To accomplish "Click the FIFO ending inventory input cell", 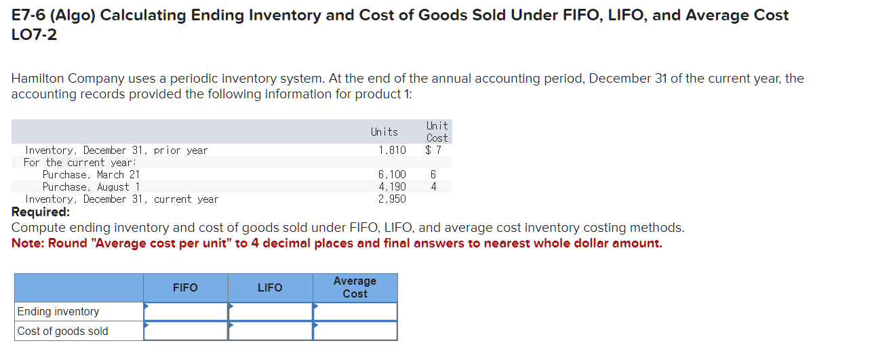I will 186,311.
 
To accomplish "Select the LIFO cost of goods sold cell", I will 271,331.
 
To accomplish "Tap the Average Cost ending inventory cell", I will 355,311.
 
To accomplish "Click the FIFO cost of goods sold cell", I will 186,331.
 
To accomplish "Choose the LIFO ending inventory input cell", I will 271,311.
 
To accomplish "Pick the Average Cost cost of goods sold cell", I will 355,331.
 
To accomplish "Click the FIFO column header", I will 185,287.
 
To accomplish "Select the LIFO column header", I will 270,287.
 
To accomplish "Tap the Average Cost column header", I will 355,287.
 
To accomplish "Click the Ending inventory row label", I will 58,311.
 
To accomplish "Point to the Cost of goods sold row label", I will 62,331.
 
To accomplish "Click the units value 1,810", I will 392,150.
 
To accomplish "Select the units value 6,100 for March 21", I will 392,174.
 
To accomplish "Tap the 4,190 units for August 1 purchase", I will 392,186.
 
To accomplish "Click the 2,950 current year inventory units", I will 392,199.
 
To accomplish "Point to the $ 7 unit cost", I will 433,150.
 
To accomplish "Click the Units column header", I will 384,132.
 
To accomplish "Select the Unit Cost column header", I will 437,132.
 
